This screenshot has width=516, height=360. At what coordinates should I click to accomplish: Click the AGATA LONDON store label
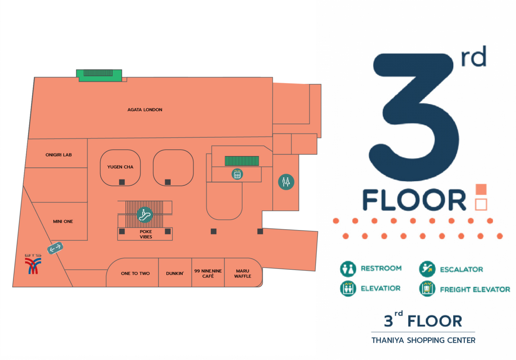[144, 110]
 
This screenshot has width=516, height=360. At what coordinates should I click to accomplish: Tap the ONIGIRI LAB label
[58, 155]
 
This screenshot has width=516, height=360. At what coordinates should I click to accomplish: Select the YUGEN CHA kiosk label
[120, 167]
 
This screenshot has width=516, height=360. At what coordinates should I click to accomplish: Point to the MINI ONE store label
[63, 222]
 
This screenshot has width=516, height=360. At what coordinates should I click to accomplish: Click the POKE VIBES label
[146, 234]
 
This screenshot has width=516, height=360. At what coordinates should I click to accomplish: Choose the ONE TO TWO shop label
[135, 274]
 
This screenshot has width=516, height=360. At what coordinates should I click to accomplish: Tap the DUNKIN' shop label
[175, 274]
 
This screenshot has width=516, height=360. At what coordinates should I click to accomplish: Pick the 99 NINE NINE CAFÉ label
[208, 274]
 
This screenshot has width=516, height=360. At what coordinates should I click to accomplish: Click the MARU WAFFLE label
[243, 274]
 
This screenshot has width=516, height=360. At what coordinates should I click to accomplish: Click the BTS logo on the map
[33, 264]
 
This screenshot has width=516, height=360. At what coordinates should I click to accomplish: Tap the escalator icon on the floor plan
[144, 215]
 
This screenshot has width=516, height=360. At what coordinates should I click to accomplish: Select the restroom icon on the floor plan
[286, 182]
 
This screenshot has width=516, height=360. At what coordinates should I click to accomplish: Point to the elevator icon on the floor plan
[237, 174]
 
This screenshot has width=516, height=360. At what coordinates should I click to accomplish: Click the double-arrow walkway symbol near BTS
[55, 248]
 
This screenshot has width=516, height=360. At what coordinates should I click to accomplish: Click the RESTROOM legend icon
[348, 269]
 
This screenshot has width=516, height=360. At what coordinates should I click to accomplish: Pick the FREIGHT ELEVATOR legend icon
[427, 289]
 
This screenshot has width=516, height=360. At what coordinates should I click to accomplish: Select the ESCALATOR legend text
[461, 269]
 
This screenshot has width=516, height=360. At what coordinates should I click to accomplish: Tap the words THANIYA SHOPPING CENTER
[424, 340]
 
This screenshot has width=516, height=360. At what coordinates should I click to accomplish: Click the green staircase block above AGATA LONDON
[99, 75]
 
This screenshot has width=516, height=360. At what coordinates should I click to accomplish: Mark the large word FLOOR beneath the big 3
[414, 200]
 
